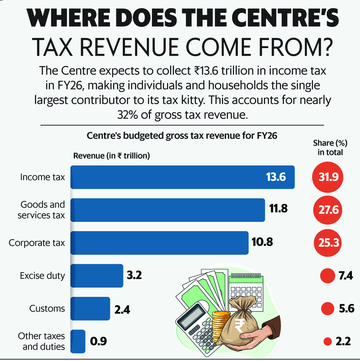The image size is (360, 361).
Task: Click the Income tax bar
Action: click(x=182, y=177)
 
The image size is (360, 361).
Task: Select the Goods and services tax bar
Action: click(x=168, y=210)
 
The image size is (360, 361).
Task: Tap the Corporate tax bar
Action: click(x=159, y=243)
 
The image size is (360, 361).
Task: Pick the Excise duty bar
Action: click(x=97, y=276)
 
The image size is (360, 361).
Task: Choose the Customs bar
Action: click(x=90, y=309)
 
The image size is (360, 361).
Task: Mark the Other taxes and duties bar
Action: click(x=78, y=341)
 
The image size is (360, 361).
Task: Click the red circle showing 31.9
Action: click(x=328, y=177)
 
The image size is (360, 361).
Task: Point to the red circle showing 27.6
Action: click(x=328, y=210)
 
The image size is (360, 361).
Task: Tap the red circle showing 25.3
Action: click(x=328, y=243)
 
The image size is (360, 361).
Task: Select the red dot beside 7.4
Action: click(x=328, y=276)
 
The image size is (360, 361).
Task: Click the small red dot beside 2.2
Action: click(x=328, y=341)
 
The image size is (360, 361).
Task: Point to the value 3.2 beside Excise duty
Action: click(x=134, y=275)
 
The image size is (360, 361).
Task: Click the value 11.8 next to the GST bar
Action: click(x=278, y=209)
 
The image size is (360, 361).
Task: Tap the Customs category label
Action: click(x=47, y=308)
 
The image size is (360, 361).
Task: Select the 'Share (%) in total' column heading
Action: click(x=330, y=148)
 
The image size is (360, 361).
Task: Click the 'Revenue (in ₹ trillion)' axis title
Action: click(x=112, y=156)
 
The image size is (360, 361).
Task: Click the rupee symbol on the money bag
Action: click(x=239, y=325)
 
